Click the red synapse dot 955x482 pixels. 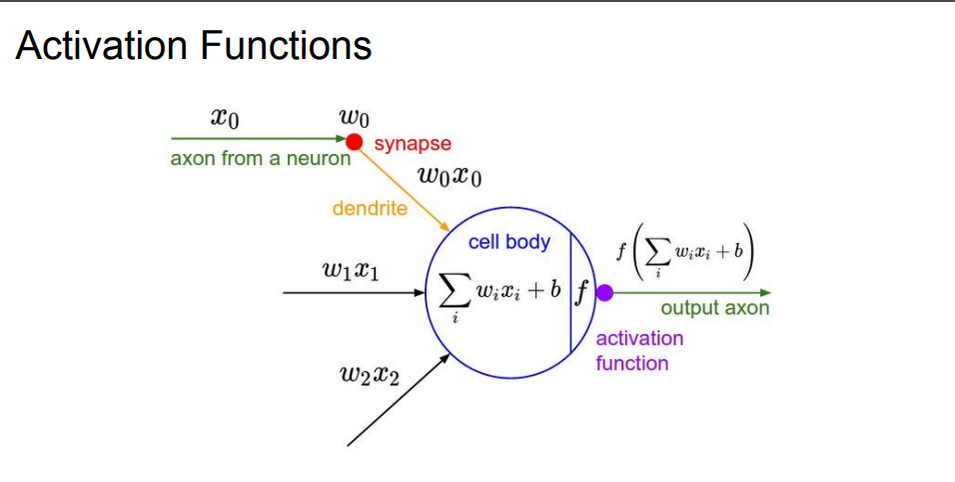point(354,141)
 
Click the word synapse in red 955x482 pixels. point(413,144)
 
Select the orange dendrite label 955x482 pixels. point(370,208)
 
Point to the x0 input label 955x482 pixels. point(225,118)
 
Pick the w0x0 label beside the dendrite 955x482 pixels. point(451,178)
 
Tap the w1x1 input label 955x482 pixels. point(351,269)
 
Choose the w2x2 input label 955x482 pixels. point(371,376)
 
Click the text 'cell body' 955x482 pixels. point(508,242)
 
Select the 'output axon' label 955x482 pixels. point(714,308)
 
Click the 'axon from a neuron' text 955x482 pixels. point(261,158)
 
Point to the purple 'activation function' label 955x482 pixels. point(639,350)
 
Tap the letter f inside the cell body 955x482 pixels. point(581,293)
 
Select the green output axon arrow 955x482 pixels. point(689,293)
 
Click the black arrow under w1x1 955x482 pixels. point(350,293)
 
